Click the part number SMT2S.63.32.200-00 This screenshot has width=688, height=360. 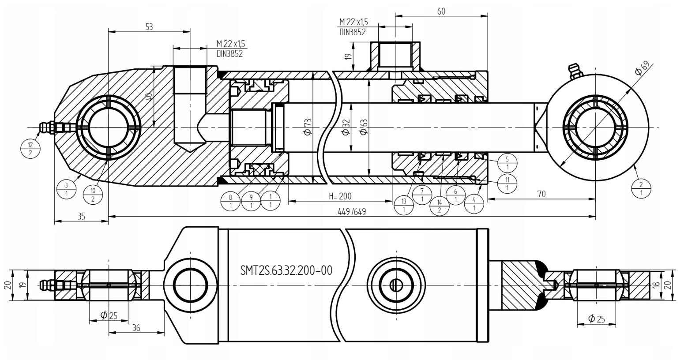coord(286,270)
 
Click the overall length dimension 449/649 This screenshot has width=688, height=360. coord(352,212)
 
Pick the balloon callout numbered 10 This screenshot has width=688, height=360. coord(93,194)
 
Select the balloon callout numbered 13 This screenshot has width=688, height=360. coord(404,205)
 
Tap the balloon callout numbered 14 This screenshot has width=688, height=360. coord(439,206)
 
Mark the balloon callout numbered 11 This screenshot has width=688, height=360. coord(507,183)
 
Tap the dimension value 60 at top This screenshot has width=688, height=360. coord(441,11)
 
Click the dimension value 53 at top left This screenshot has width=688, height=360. coord(149,26)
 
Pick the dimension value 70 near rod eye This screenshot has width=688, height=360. coord(542,194)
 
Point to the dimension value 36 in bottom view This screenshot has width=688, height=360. coord(136,328)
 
